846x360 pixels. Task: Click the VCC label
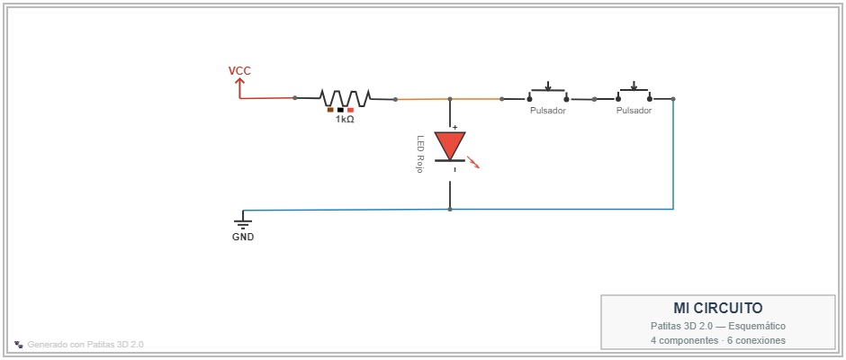click(239, 71)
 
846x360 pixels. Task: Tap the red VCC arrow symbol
click(239, 87)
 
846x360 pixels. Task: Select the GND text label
click(243, 237)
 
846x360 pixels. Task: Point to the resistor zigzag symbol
click(346, 98)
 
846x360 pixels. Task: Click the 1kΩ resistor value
click(345, 120)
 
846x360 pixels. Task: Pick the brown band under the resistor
click(330, 110)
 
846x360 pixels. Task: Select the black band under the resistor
click(340, 110)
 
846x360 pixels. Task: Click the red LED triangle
click(450, 145)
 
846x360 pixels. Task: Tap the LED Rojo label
click(419, 154)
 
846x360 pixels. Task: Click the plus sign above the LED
click(454, 128)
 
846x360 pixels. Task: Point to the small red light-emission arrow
click(472, 163)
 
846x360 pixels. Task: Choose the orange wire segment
click(448, 99)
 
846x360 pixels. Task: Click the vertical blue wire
click(673, 154)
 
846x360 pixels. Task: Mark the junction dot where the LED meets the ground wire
click(450, 209)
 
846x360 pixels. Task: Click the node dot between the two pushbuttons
click(594, 99)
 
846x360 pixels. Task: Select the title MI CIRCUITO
click(717, 308)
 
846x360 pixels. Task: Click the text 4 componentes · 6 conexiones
click(717, 340)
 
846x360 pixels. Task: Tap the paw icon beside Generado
click(19, 344)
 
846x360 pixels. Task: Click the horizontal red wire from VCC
click(267, 98)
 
